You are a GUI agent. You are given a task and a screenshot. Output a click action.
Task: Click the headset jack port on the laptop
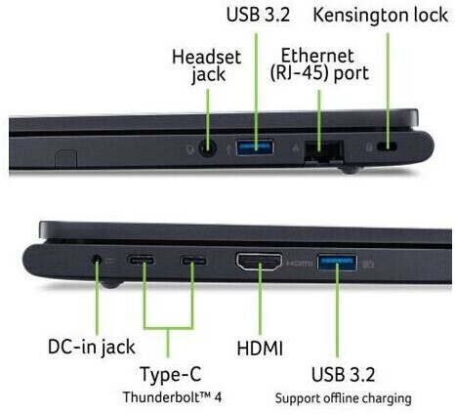click(208, 148)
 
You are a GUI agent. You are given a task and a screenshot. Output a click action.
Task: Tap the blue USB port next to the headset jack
click(255, 147)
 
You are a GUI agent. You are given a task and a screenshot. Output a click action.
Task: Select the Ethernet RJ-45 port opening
click(324, 151)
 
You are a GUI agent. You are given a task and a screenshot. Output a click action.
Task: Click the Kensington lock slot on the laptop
click(387, 146)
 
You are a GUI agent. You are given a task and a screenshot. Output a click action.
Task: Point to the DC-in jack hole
click(96, 260)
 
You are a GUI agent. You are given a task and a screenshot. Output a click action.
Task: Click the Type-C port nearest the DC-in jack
click(142, 261)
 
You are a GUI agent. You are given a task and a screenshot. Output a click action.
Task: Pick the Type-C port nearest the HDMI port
click(193, 261)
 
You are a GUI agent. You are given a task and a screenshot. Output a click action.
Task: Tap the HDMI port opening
click(259, 262)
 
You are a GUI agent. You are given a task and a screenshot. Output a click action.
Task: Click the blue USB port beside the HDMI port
click(337, 262)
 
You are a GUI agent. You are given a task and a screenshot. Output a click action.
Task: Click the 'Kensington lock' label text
click(380, 16)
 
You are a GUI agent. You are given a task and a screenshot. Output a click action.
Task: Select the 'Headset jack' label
click(207, 66)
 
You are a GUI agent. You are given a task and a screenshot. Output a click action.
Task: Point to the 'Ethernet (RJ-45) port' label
click(319, 64)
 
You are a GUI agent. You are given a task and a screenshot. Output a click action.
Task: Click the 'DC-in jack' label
click(92, 348)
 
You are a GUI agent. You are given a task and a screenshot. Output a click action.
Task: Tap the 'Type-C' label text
click(171, 374)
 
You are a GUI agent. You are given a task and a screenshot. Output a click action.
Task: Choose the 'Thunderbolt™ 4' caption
click(172, 397)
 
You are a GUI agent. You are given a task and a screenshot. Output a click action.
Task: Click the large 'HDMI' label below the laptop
click(260, 349)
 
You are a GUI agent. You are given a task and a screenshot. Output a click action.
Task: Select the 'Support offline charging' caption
click(343, 398)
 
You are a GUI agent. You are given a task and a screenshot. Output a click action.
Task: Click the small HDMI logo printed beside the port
click(299, 263)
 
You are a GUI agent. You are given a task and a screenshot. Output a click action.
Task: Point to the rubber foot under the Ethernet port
click(350, 170)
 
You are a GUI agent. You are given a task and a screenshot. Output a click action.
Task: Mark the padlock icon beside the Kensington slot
click(369, 147)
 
